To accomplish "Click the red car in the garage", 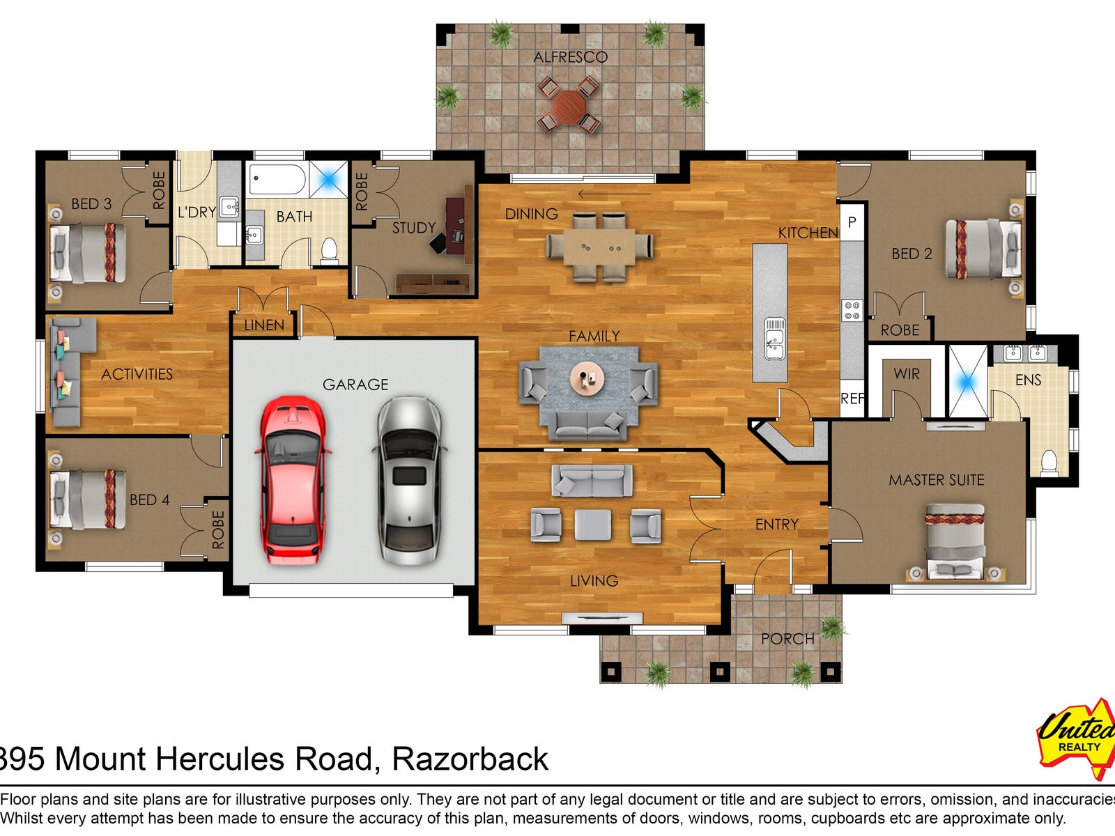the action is [293, 480].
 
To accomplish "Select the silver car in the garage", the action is [410, 480].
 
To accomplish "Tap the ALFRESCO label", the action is [571, 57].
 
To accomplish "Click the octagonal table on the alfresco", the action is [569, 107].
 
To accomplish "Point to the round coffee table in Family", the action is [587, 378].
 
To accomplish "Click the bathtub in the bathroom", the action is [277, 178].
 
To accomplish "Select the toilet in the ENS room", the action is [1049, 462].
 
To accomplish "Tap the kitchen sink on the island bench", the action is [775, 339].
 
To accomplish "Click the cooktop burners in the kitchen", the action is [852, 310].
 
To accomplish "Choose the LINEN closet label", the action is [264, 325].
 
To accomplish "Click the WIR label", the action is [907, 374].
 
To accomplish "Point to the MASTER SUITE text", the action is [936, 480].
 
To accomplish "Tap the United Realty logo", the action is [1077, 738].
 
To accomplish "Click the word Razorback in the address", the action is [470, 760].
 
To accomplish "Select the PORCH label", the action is [787, 639].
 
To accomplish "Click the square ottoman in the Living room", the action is [593, 525].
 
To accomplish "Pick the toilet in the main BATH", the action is [329, 250].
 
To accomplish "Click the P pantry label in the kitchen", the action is [852, 222].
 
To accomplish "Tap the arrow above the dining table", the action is [614, 194].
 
